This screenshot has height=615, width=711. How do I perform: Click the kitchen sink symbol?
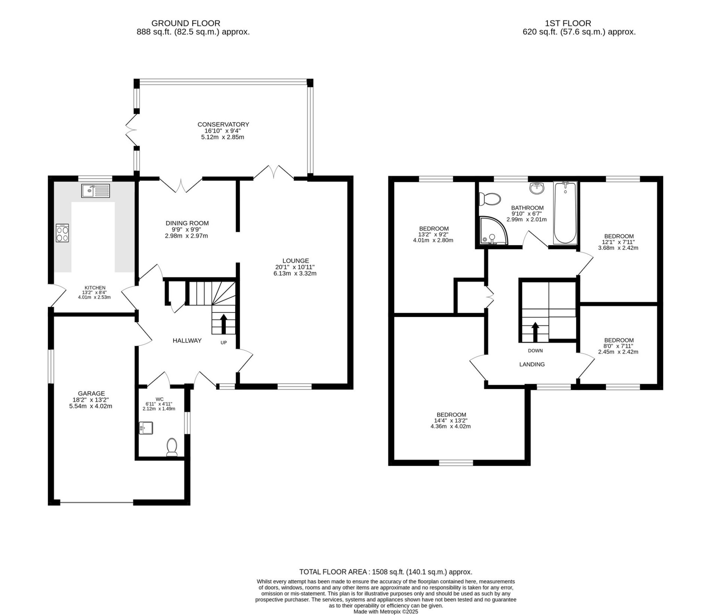(95, 191)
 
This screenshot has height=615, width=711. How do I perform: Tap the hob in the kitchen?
(62, 232)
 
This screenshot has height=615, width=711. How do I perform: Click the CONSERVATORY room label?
(223, 124)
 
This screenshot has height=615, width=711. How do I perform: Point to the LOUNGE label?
(296, 261)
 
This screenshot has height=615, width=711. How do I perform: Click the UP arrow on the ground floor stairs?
(224, 324)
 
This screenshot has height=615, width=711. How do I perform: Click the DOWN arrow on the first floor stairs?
(535, 332)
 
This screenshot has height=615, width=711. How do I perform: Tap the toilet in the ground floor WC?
(172, 447)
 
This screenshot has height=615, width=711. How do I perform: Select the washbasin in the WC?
(146, 427)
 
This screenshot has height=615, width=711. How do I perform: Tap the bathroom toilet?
(490, 199)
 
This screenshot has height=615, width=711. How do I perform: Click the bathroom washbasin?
(537, 188)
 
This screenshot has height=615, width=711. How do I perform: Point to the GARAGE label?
(91, 393)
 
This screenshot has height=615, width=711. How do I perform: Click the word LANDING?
(532, 364)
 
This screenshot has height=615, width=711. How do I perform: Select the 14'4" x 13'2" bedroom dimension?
(451, 420)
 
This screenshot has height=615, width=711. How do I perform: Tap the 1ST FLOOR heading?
(579, 24)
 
